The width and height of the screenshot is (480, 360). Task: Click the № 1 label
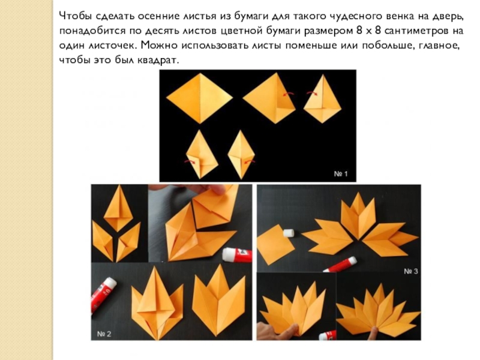[x=341, y=174]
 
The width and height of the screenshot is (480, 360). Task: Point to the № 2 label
[x=104, y=334]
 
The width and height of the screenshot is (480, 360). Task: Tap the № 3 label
[x=411, y=271]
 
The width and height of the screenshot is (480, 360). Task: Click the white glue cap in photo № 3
[x=289, y=233]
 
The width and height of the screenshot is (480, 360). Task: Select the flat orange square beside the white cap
[x=275, y=244]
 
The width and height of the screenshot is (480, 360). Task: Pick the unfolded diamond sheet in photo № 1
[x=199, y=98]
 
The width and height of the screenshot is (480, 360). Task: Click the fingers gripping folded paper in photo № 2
[x=217, y=190]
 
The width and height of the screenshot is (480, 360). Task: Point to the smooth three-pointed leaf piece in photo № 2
[x=219, y=301]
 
